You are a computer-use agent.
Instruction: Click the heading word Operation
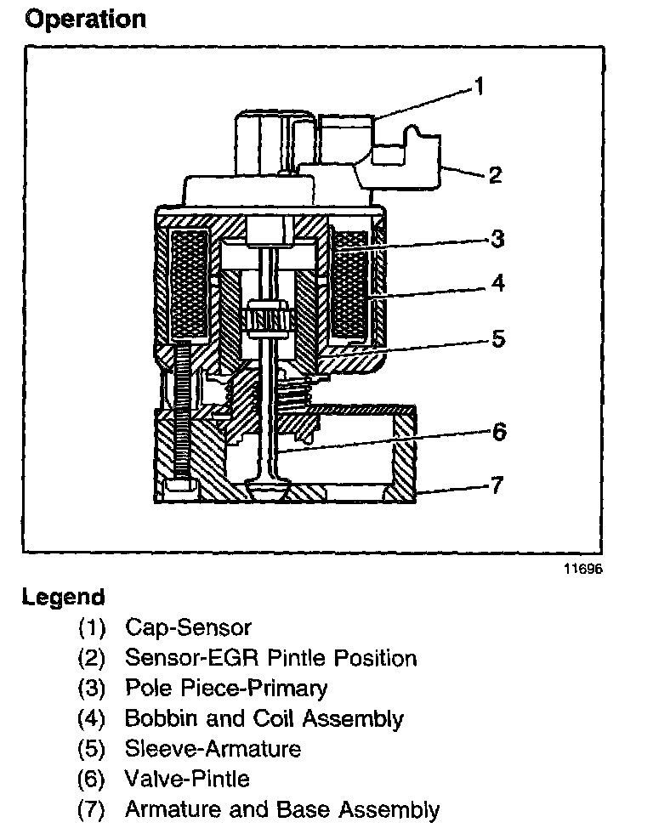tap(85, 18)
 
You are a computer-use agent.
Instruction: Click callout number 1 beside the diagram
tap(480, 87)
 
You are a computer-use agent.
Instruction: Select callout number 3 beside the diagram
tap(497, 239)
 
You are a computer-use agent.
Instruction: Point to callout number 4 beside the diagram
tap(498, 283)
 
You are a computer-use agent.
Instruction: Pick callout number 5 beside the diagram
tap(498, 338)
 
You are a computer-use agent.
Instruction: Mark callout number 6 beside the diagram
tap(499, 432)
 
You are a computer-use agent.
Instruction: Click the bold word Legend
tap(64, 597)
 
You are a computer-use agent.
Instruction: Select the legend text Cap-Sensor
tap(188, 628)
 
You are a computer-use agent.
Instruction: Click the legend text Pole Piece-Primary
tap(225, 688)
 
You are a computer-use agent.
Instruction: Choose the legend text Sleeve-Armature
tap(213, 748)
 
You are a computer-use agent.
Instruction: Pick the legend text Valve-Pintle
tap(187, 778)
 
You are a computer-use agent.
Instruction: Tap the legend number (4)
tap(91, 718)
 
